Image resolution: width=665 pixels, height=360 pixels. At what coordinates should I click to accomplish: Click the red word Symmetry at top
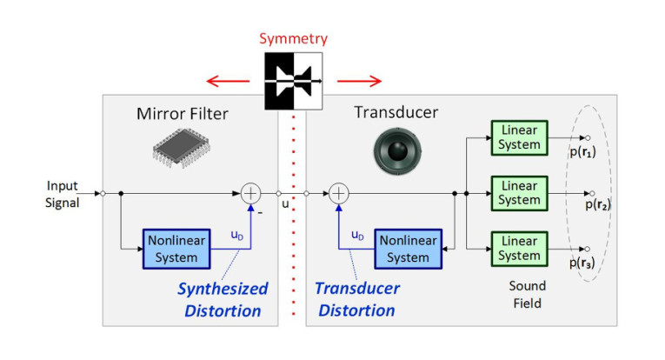pyautogui.click(x=293, y=40)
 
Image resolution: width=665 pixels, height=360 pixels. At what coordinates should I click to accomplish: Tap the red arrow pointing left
pyautogui.click(x=228, y=82)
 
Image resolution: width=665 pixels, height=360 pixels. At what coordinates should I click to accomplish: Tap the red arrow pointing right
pyautogui.click(x=359, y=82)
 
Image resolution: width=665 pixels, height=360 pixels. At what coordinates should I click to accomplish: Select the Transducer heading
pyautogui.click(x=396, y=113)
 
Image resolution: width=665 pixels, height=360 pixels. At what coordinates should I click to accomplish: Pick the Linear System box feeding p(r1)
pyautogui.click(x=520, y=137)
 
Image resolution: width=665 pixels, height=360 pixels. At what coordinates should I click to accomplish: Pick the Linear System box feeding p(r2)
pyautogui.click(x=520, y=193)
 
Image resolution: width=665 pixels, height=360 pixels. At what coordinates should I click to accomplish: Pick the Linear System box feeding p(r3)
pyautogui.click(x=520, y=249)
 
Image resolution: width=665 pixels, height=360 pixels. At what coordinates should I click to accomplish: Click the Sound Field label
pyautogui.click(x=528, y=294)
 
